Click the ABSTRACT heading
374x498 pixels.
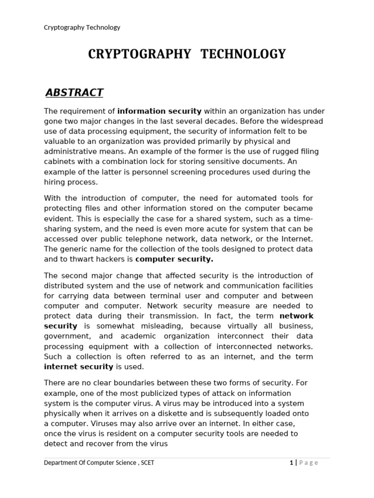point(74,92)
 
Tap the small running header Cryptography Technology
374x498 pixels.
point(82,27)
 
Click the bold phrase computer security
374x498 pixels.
point(174,259)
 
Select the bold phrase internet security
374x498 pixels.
point(78,367)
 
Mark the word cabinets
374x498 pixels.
point(59,161)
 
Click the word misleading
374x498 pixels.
point(160,326)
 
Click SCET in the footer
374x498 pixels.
point(148,462)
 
